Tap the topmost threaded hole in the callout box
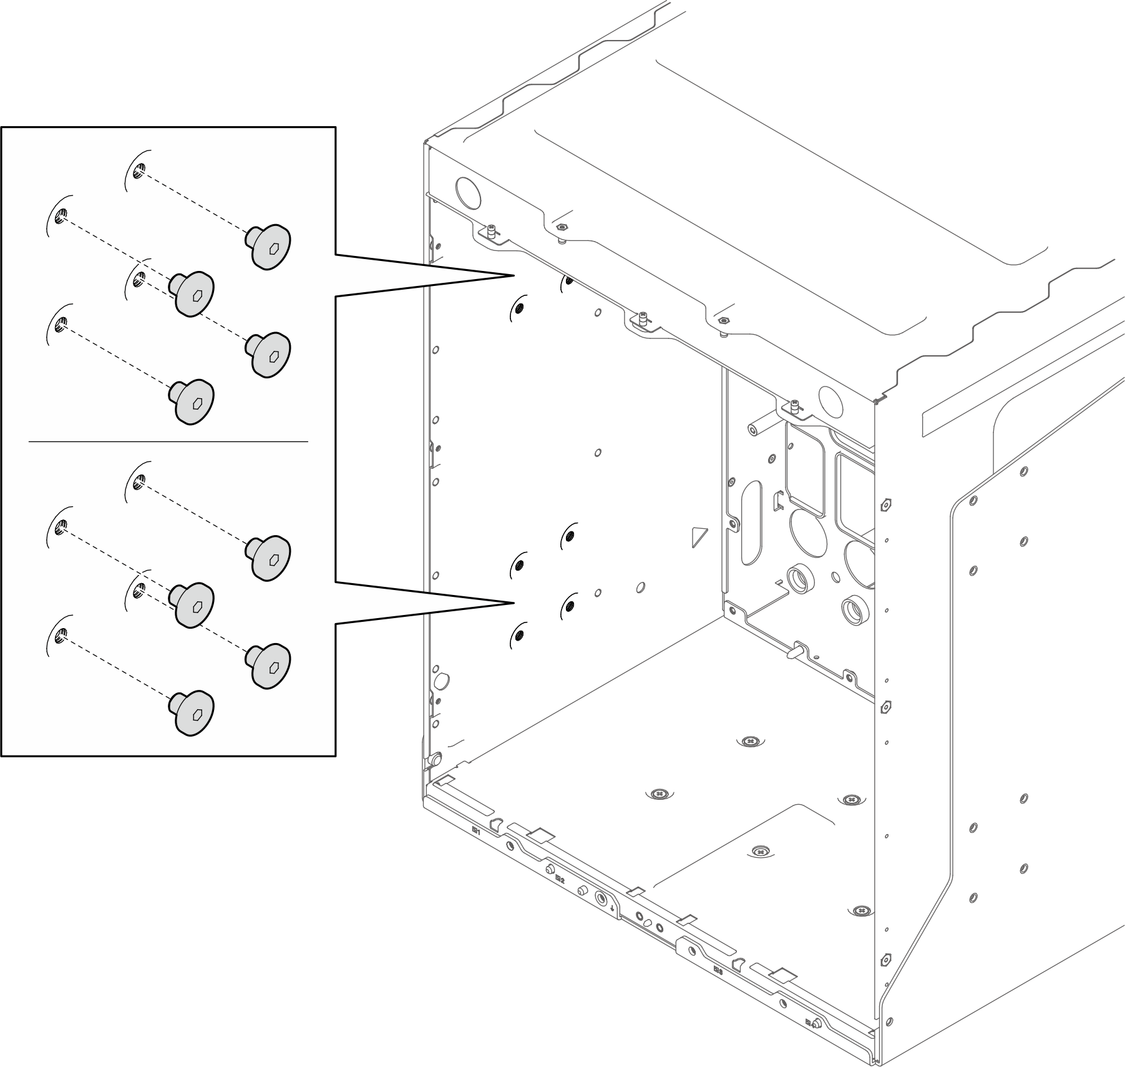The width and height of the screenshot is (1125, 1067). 140,169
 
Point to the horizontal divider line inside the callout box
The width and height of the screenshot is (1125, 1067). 168,441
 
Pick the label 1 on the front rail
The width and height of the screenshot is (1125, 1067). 476,831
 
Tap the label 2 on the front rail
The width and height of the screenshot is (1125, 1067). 560,879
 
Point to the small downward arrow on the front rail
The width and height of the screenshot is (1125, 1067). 614,908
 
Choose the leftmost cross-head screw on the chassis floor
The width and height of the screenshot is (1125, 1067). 659,794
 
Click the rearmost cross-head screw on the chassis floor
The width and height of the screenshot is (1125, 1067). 750,741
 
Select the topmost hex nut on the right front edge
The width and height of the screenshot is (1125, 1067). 885,503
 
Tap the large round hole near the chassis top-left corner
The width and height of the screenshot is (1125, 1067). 469,193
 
